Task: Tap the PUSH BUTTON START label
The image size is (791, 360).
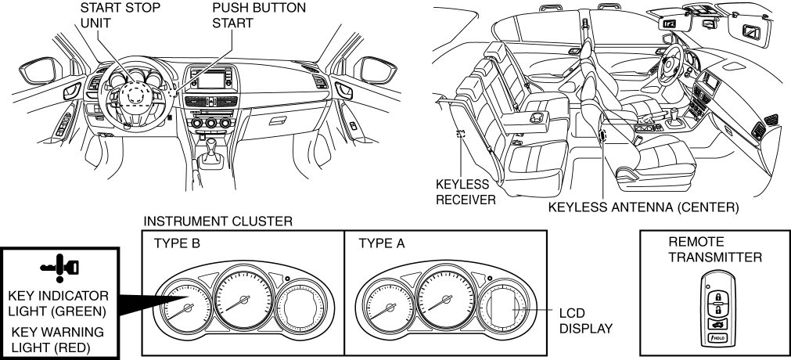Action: coord(248,16)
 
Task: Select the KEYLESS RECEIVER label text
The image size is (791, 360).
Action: coord(463,193)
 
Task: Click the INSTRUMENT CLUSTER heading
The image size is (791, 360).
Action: coord(219,224)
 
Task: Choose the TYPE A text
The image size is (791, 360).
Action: coord(380,243)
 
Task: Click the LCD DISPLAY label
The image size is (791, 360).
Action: coord(582,319)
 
